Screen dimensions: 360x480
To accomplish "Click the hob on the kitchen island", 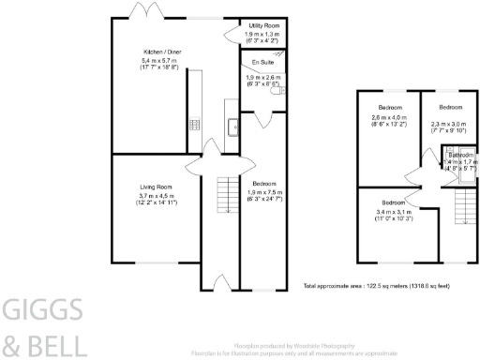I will coord(194,123).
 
